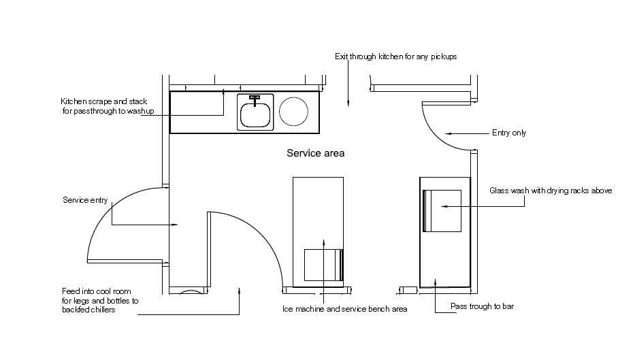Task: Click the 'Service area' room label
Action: [x=316, y=153]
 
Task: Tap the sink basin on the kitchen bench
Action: [x=255, y=114]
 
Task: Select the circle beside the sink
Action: [x=293, y=111]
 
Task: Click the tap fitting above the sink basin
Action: [x=255, y=99]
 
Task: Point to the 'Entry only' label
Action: [x=509, y=133]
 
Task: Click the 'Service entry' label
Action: [x=85, y=200]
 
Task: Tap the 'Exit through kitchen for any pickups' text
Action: [x=395, y=56]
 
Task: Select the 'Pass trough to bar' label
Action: [x=482, y=306]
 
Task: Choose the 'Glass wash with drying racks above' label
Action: [x=551, y=191]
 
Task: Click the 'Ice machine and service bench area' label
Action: [x=344, y=309]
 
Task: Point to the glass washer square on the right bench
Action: [x=442, y=211]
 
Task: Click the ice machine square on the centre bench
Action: [x=323, y=265]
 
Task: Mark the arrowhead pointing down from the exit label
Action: [x=348, y=103]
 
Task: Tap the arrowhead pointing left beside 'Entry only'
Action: [x=449, y=133]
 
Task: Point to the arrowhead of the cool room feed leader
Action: [x=240, y=291]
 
